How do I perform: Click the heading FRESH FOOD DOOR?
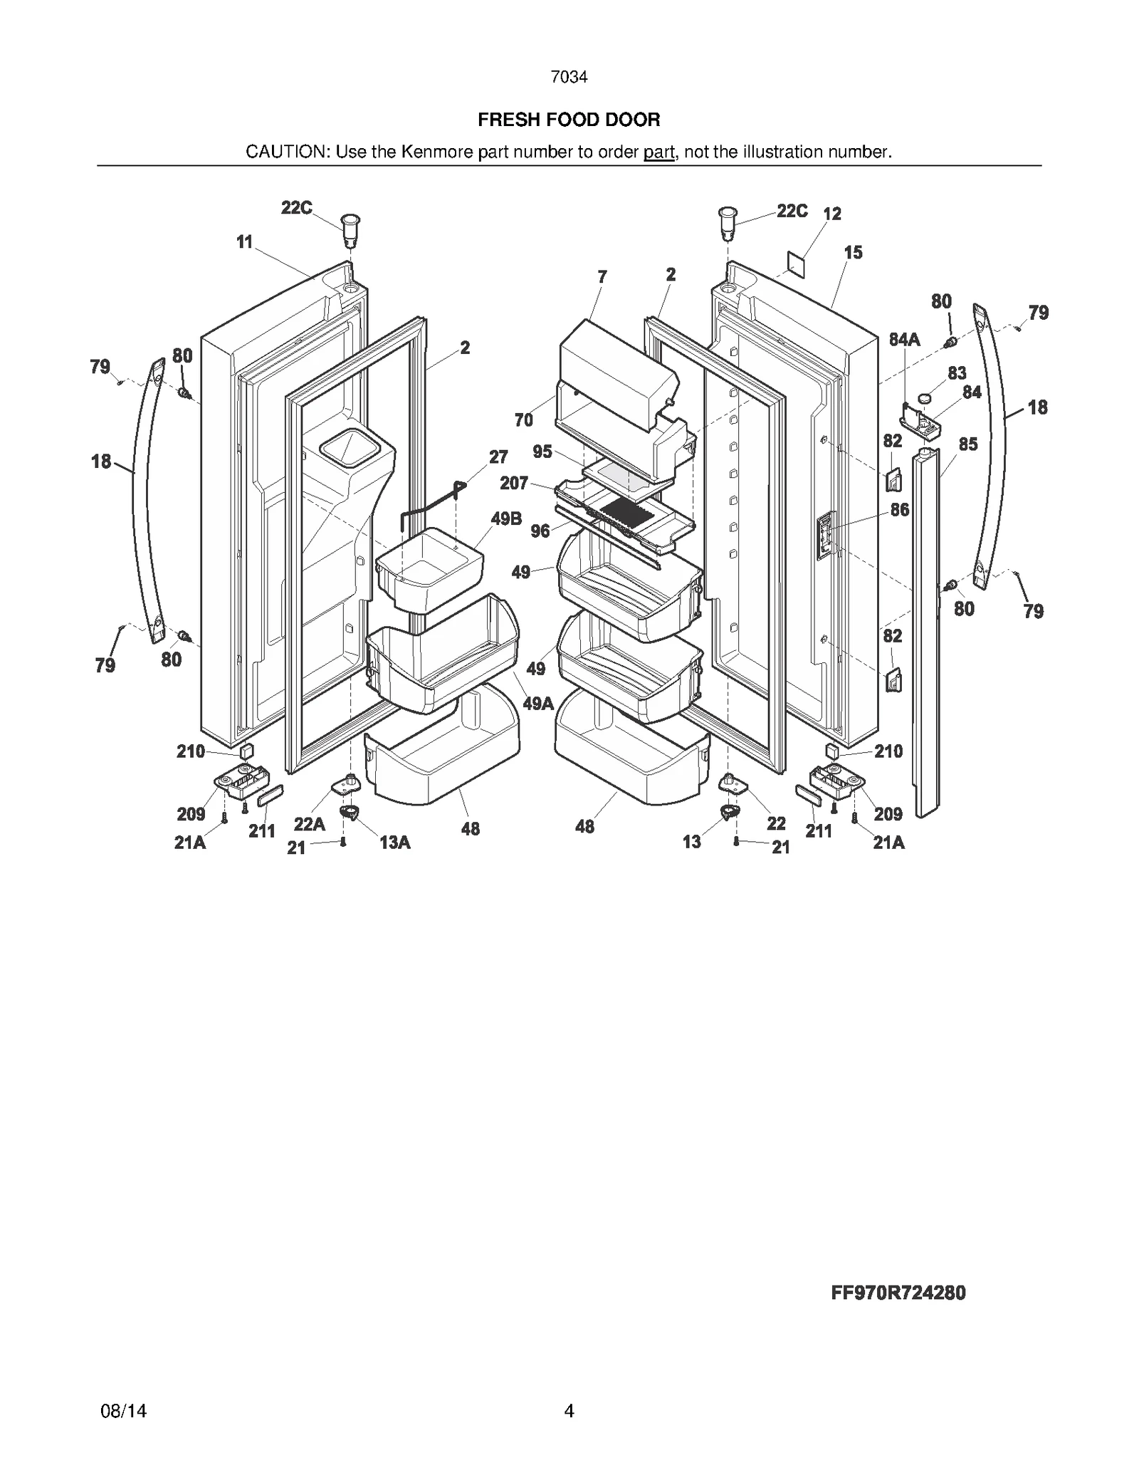(x=569, y=120)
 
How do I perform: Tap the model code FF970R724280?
(x=898, y=1293)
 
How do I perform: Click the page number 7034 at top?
(x=569, y=77)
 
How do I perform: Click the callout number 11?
(x=244, y=242)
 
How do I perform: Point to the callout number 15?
(x=853, y=252)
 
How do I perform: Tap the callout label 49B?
(x=506, y=518)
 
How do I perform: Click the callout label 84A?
(x=904, y=340)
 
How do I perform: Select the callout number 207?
(x=514, y=484)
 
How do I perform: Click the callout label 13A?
(x=394, y=843)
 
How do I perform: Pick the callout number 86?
(x=900, y=509)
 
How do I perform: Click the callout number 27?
(x=498, y=457)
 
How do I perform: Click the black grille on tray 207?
(x=626, y=509)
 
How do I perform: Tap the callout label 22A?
(x=309, y=824)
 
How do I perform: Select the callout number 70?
(x=523, y=420)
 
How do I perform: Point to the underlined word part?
(x=658, y=152)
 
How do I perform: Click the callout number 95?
(x=542, y=452)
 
